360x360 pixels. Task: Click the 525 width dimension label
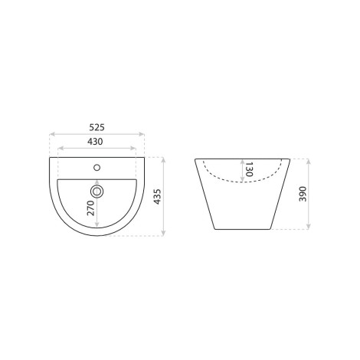pyautogui.click(x=97, y=127)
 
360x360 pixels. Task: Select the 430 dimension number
pyautogui.click(x=95, y=142)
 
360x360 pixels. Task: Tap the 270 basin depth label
pyautogui.click(x=90, y=208)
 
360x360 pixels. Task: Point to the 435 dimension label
pyautogui.click(x=157, y=197)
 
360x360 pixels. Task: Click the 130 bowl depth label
pyautogui.click(x=249, y=169)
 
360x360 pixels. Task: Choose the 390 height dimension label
pyautogui.click(x=303, y=194)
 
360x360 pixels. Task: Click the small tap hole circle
pyautogui.click(x=97, y=168)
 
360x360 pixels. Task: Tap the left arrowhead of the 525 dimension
pyautogui.click(x=52, y=134)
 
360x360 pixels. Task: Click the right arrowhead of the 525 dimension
pyautogui.click(x=142, y=134)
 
